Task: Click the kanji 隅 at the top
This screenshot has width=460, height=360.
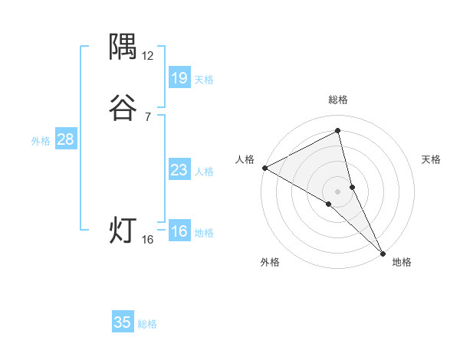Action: (x=123, y=47)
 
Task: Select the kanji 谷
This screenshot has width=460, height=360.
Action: (x=123, y=109)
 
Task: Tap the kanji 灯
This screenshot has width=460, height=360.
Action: (x=123, y=231)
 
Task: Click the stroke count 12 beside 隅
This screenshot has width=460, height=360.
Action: (x=148, y=56)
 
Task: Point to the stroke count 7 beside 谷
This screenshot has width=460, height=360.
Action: (x=148, y=117)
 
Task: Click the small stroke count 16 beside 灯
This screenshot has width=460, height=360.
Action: (x=148, y=240)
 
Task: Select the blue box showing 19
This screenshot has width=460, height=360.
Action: (x=179, y=77)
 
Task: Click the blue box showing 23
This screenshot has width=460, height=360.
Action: (x=179, y=170)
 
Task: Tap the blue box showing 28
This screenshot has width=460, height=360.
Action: (x=65, y=139)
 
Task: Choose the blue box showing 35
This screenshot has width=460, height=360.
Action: (x=123, y=322)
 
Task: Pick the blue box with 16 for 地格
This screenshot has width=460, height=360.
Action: (x=179, y=231)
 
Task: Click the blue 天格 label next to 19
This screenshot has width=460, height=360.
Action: (x=204, y=80)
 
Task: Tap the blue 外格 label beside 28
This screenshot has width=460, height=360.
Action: (x=41, y=141)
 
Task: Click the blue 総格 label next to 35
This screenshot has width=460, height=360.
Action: (x=147, y=324)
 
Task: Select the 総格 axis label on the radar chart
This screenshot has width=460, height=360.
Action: (x=338, y=100)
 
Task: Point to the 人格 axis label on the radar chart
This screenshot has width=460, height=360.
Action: (x=245, y=159)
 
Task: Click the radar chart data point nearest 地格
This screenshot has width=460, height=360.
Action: (x=383, y=252)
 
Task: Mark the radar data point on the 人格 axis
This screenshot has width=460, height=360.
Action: (x=264, y=167)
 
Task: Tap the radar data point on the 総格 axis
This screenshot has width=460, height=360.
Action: (x=338, y=131)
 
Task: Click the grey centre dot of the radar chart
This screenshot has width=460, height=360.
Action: (x=338, y=191)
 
